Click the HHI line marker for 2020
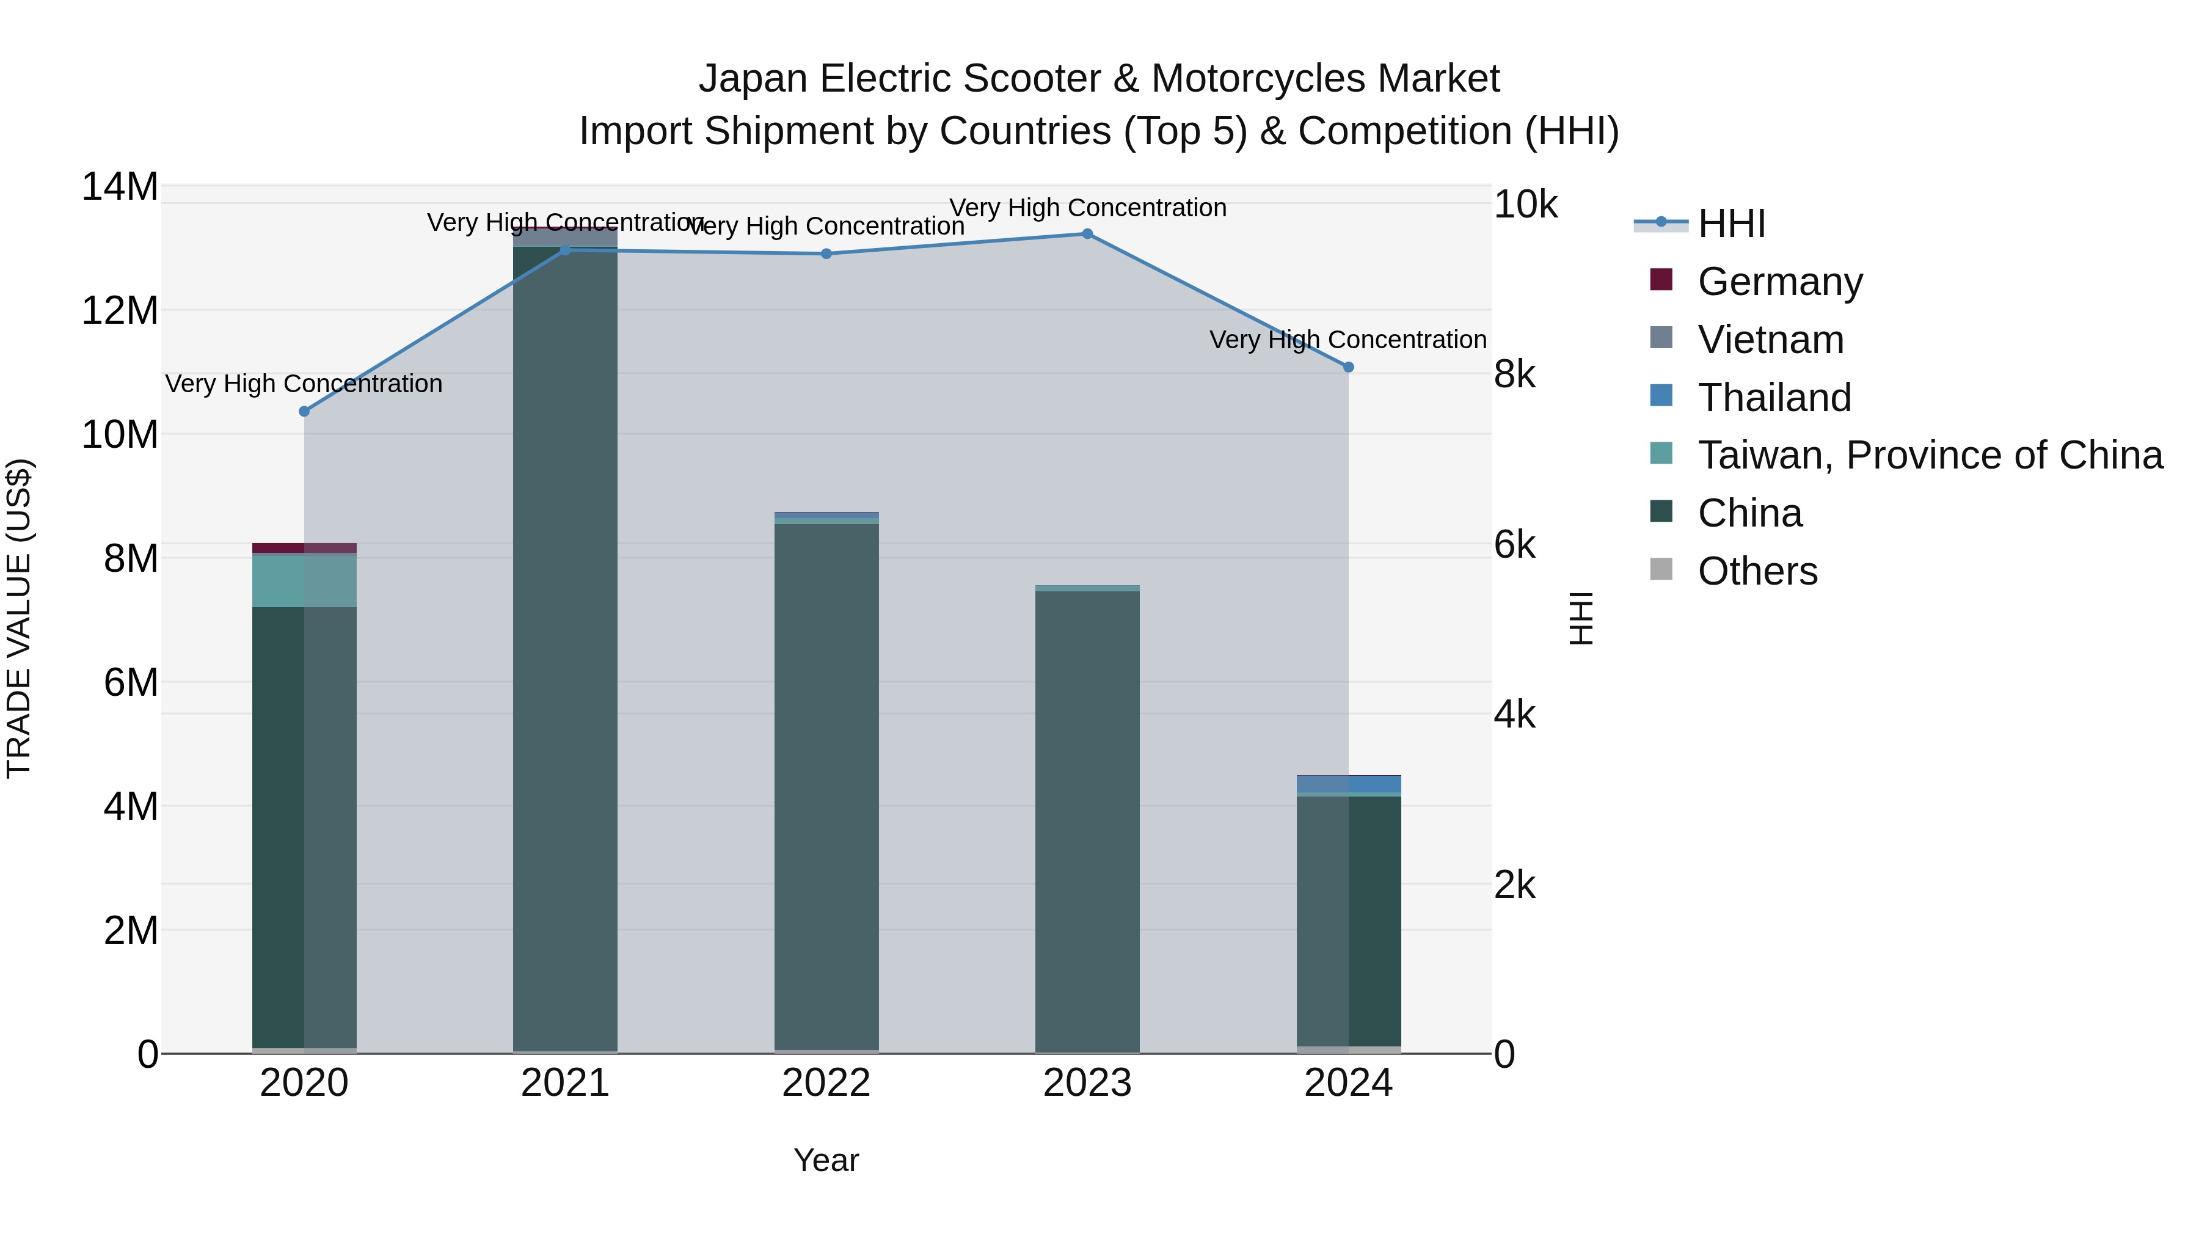(x=304, y=412)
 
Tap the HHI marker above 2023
(x=1087, y=234)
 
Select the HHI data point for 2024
(x=1348, y=367)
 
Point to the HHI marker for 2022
(x=825, y=254)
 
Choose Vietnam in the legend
(x=1770, y=340)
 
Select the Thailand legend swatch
(x=1661, y=396)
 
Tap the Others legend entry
(x=1757, y=571)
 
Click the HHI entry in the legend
(x=1730, y=224)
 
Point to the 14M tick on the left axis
(x=120, y=187)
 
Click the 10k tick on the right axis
(x=1525, y=205)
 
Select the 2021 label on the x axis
(x=564, y=1083)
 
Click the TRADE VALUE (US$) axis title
(x=19, y=618)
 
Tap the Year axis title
(x=825, y=1160)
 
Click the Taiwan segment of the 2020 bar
(x=304, y=580)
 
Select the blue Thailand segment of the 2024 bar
(x=1348, y=784)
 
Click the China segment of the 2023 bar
(x=1087, y=820)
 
